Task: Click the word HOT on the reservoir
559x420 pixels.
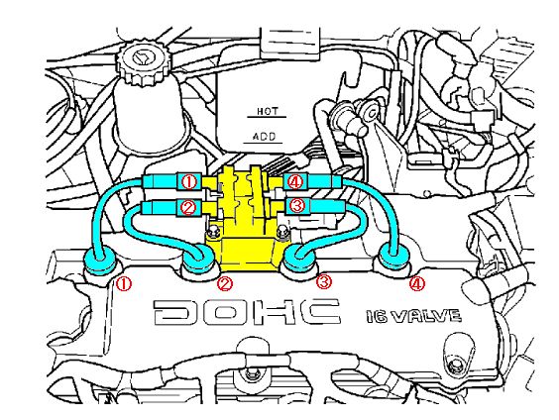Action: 268,112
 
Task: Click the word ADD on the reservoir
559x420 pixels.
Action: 265,137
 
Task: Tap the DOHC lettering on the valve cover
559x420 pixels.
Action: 247,312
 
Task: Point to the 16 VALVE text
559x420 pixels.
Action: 413,316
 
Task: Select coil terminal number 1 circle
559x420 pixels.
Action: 189,182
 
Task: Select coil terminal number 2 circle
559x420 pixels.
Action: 188,207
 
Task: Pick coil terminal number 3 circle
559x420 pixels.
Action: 297,205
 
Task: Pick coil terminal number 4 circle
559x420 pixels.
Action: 295,182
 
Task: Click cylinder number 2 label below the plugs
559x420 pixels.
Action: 225,284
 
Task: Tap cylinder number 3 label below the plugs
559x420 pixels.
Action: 324,281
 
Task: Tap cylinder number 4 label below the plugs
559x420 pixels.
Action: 417,284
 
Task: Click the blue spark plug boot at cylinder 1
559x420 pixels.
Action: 100,262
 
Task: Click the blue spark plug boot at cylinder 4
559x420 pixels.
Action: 394,258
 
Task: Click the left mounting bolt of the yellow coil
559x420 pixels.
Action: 213,233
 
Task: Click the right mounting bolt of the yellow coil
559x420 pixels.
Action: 283,232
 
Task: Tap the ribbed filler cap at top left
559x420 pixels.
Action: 142,64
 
